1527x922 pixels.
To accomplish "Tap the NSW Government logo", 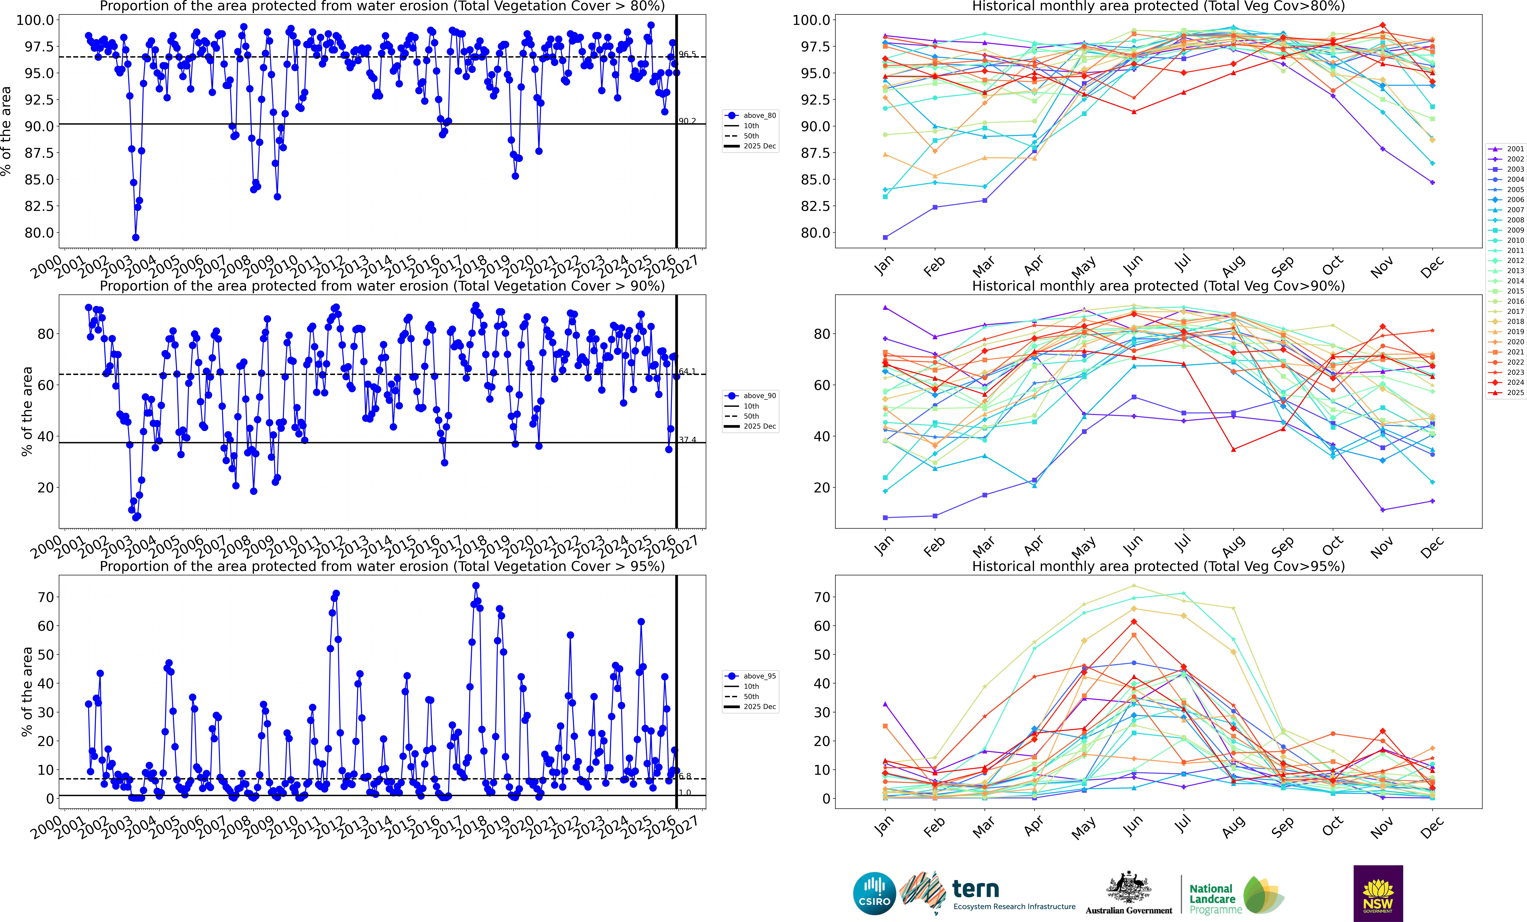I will tap(1378, 894).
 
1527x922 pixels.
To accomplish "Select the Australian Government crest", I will tap(1128, 888).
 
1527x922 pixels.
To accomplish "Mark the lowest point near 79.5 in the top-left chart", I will tap(136, 237).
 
